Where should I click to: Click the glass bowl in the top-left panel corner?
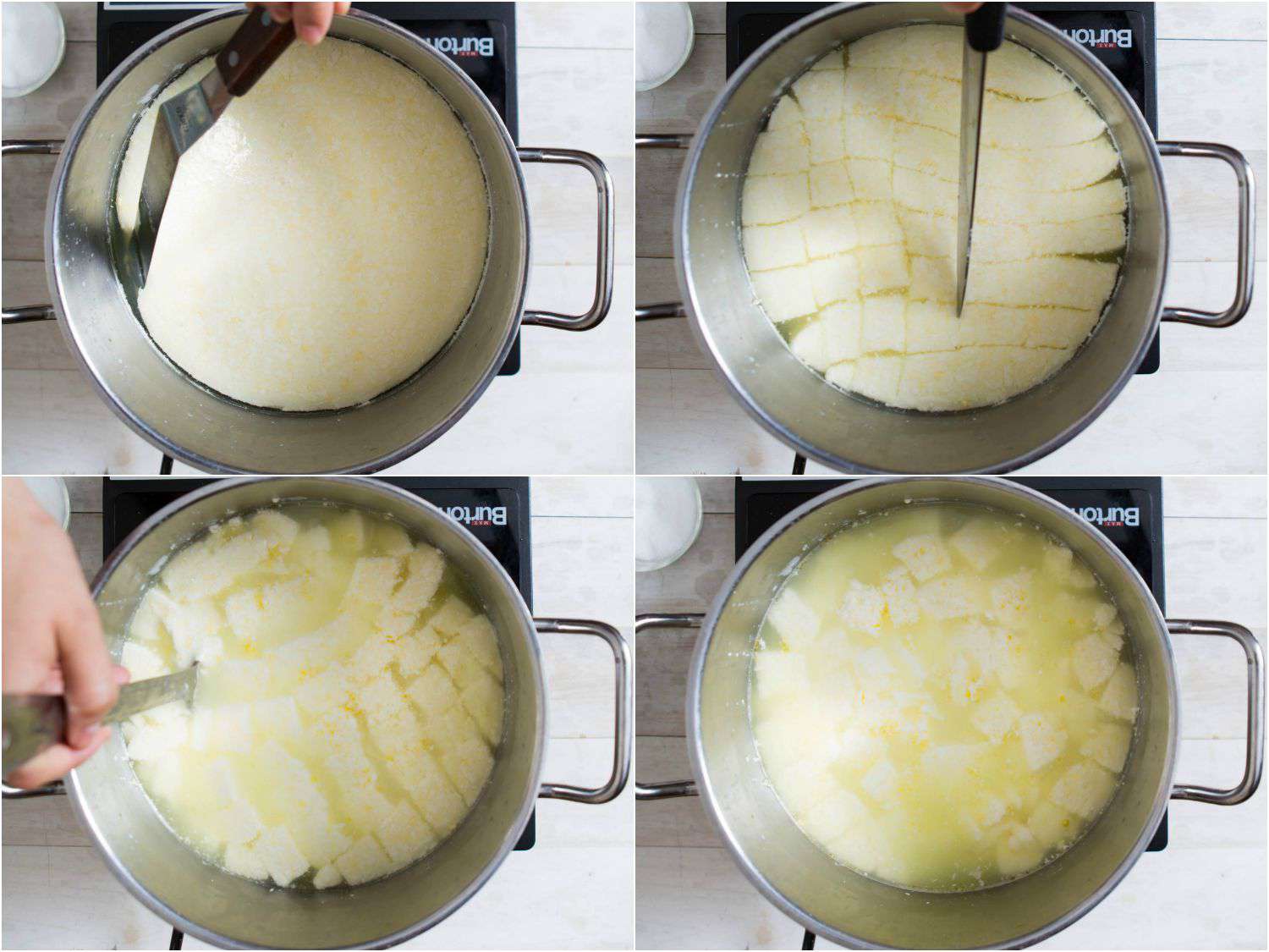click(x=31, y=47)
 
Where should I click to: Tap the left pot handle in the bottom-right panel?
click(x=664, y=707)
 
